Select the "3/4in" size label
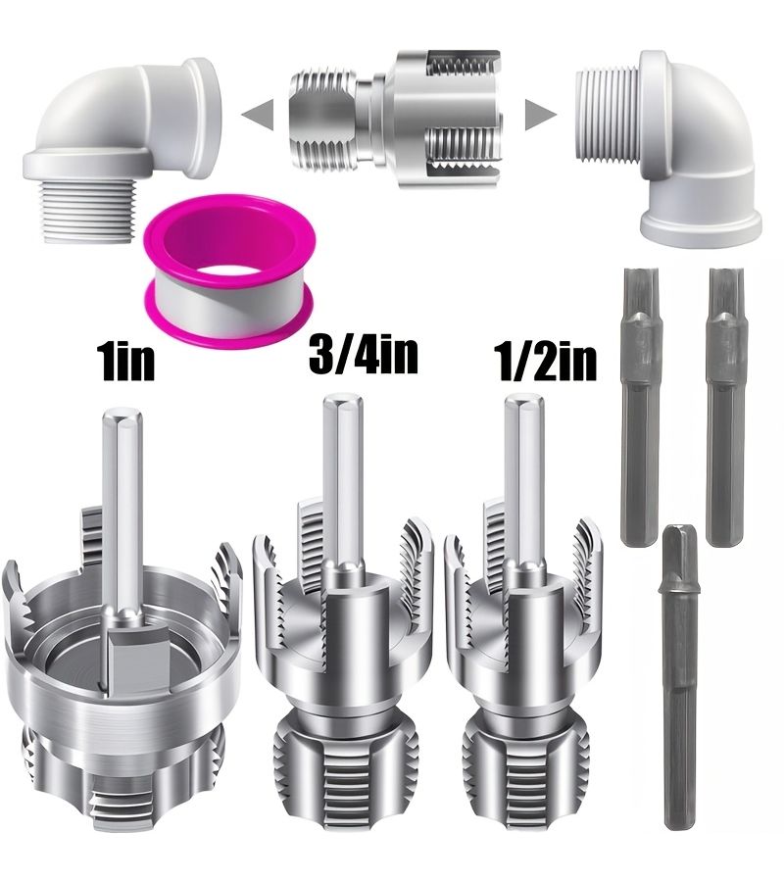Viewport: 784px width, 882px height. pyautogui.click(x=364, y=355)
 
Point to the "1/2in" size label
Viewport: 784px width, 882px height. pyautogui.click(x=545, y=363)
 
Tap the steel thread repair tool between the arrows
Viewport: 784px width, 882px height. pyautogui.click(x=395, y=119)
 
